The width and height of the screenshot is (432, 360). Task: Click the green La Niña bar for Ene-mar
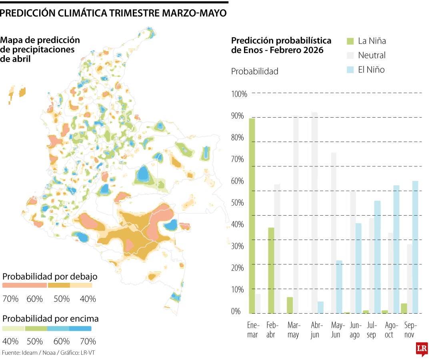(252, 216)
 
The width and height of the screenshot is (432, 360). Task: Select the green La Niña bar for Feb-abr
(271, 270)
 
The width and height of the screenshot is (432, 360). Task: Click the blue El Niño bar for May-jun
(339, 287)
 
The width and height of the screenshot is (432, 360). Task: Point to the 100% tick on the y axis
(239, 94)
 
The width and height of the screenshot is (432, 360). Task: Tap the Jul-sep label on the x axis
(371, 330)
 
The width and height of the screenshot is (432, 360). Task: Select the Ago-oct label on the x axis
(389, 330)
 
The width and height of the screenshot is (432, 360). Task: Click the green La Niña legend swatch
(350, 41)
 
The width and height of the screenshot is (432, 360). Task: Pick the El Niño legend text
(371, 70)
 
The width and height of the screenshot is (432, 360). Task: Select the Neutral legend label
(372, 55)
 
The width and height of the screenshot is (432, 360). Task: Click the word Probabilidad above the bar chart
(254, 72)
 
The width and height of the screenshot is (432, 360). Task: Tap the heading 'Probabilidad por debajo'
(50, 276)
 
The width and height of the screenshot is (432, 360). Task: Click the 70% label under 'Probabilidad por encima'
(88, 341)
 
